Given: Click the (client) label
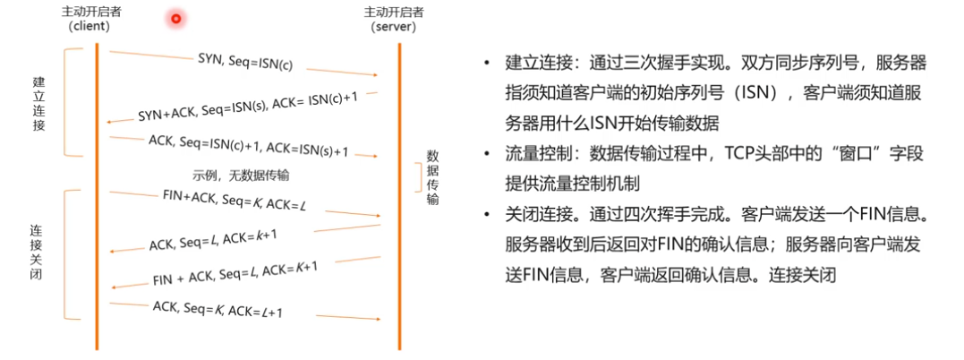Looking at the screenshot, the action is point(89,26).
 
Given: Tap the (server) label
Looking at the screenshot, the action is point(395,27).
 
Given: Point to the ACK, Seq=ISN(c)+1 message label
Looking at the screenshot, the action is point(248,144).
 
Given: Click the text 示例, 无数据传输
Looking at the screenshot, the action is point(240,175).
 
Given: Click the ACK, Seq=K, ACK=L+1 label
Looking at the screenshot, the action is point(218,309).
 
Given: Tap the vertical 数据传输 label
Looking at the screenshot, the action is point(432,176).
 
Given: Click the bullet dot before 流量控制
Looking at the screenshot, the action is point(485,155).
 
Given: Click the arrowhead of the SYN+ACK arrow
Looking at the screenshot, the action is point(109,121).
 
